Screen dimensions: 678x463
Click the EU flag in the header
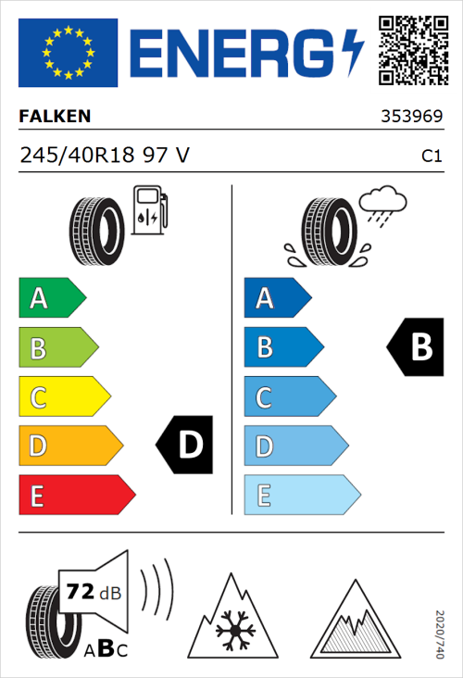click(69, 52)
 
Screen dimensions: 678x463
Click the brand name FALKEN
click(55, 118)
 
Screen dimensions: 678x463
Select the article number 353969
click(410, 118)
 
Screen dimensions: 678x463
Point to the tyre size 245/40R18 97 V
click(105, 156)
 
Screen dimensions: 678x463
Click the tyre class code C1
click(431, 157)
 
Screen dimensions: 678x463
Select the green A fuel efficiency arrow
click(51, 298)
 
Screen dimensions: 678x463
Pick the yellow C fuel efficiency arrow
click(63, 397)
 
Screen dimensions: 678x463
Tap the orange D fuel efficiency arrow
click(69, 446)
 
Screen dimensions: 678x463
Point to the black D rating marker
click(186, 446)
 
